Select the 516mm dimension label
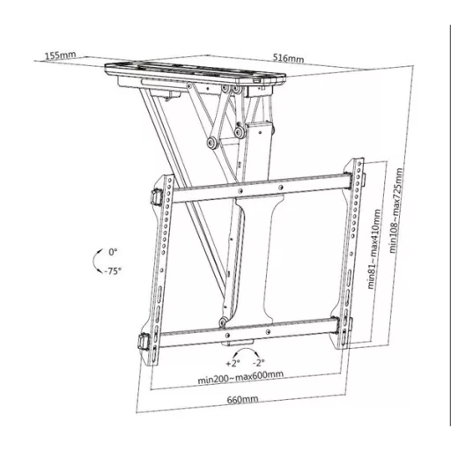tap(289, 59)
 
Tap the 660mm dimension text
tap(241, 402)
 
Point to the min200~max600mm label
tap(241, 378)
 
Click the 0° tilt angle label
tap(113, 253)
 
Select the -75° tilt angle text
tap(111, 271)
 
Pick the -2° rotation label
tap(258, 362)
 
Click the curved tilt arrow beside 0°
tap(96, 262)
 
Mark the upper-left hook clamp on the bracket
tap(156, 196)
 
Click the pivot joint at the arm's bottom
tap(227, 311)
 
